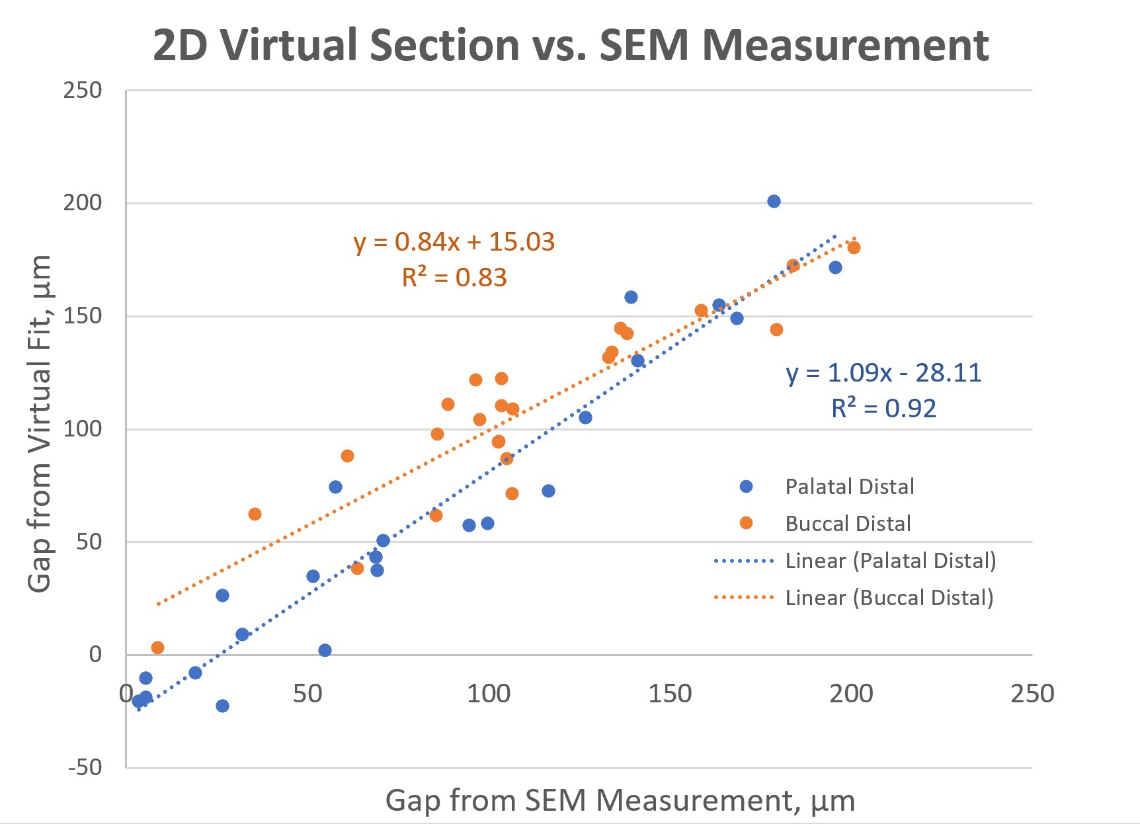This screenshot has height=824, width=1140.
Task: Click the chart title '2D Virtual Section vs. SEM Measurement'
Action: (570, 45)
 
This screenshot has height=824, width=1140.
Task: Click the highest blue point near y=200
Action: (774, 201)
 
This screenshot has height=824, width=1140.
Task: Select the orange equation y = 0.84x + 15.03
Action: (454, 242)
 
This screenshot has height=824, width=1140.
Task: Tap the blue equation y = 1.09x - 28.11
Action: (883, 373)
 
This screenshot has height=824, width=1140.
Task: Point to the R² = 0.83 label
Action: (454, 278)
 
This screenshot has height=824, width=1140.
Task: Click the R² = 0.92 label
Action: (883, 409)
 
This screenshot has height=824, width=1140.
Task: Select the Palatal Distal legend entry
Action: (849, 487)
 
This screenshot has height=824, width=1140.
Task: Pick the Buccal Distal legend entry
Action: (848, 524)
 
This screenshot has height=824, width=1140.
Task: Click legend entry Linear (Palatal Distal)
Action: (890, 561)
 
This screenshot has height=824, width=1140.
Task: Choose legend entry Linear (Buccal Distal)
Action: (889, 598)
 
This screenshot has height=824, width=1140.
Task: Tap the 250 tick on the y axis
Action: (83, 91)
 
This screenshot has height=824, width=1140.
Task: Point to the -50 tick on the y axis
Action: (85, 768)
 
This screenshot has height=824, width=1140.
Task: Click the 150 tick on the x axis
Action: (669, 694)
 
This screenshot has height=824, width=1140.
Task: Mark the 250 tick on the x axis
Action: (1032, 694)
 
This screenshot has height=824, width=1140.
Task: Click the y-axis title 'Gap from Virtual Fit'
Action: (40, 423)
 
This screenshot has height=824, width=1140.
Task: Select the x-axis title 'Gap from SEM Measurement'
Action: (620, 800)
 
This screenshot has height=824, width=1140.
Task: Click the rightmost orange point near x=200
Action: (854, 247)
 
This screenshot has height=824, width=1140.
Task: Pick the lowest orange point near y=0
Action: (157, 647)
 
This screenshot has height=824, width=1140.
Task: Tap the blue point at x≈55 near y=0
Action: (325, 650)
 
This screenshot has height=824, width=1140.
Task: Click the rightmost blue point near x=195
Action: (835, 267)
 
